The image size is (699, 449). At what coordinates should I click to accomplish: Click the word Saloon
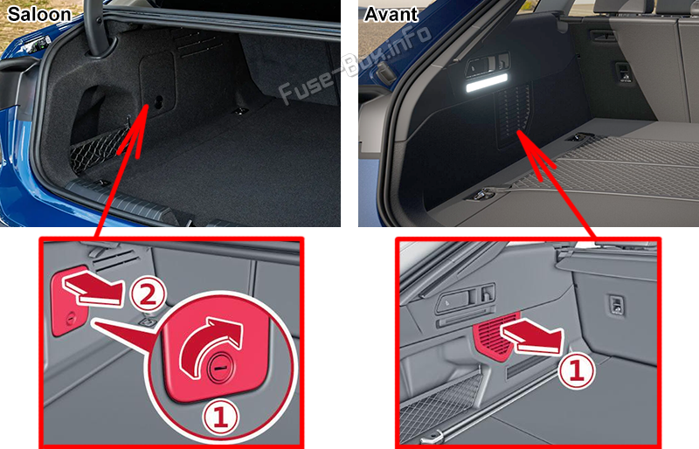pyautogui.click(x=39, y=14)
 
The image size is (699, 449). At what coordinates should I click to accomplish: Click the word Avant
pyautogui.click(x=391, y=14)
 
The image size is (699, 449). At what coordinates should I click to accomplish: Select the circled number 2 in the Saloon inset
pyautogui.click(x=148, y=294)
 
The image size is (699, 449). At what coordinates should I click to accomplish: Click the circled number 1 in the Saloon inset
pyautogui.click(x=221, y=418)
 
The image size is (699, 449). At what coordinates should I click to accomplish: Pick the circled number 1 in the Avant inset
pyautogui.click(x=577, y=370)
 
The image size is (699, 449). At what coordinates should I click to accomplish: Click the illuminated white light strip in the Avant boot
pyautogui.click(x=487, y=83)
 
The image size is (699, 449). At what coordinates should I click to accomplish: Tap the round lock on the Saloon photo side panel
pyautogui.click(x=159, y=102)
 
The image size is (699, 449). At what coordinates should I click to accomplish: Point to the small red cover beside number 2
pyautogui.click(x=70, y=304)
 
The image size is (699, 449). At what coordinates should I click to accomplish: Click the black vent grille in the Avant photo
pyautogui.click(x=515, y=115)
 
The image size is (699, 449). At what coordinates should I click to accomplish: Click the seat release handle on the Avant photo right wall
pyautogui.click(x=624, y=73)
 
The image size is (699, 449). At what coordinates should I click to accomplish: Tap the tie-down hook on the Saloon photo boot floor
pyautogui.click(x=240, y=111)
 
